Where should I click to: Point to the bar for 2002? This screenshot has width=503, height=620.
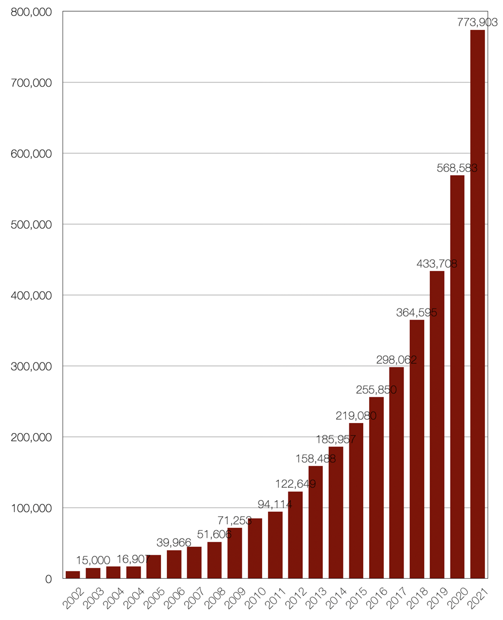[73, 574]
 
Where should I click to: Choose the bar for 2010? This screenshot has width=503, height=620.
[255, 548]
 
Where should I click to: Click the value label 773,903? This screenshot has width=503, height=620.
[478, 22]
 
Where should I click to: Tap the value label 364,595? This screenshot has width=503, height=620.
[416, 313]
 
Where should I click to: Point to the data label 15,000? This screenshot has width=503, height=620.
[93, 560]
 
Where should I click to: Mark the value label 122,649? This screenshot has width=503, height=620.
[295, 484]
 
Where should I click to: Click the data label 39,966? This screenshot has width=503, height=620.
[174, 543]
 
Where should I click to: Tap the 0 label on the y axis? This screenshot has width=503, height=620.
[48, 579]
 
